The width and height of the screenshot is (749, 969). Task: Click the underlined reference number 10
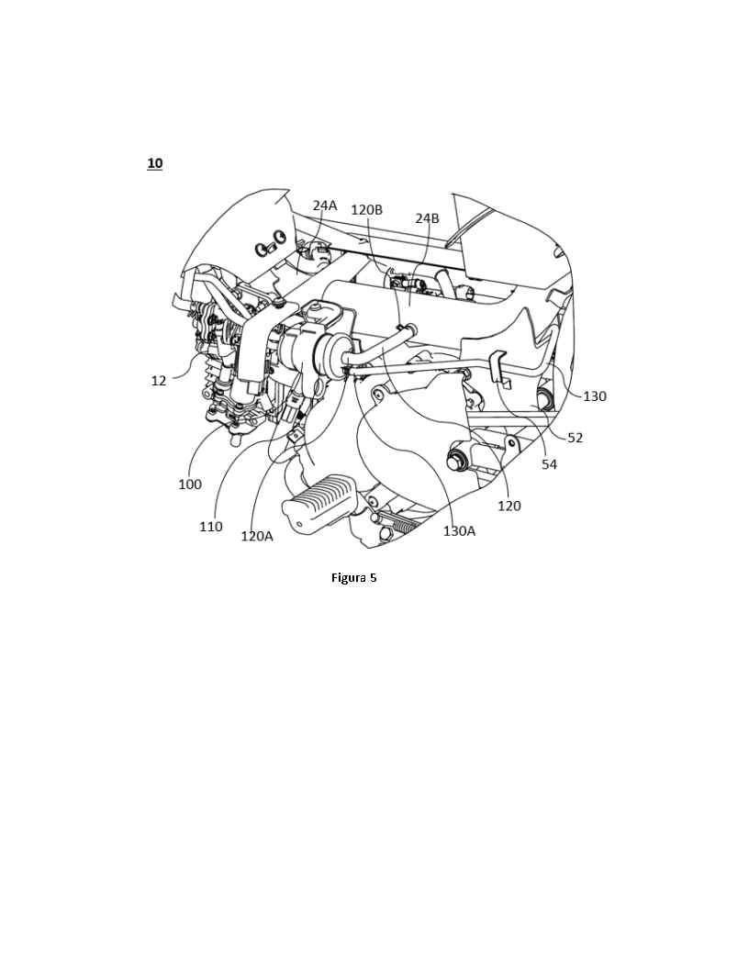(x=154, y=163)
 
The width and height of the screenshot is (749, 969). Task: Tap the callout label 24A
(x=324, y=206)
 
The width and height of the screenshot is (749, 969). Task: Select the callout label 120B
(x=366, y=209)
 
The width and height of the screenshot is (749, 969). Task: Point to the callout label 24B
(x=427, y=218)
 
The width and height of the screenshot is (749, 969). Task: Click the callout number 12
(x=159, y=381)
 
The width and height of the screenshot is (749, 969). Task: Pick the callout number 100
(x=190, y=484)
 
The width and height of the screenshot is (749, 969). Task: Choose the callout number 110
(x=211, y=527)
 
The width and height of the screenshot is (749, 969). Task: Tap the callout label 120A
(x=256, y=537)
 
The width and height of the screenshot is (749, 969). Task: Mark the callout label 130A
(x=459, y=531)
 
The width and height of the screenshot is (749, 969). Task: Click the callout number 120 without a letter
(x=509, y=507)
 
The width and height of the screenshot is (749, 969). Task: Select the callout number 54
(x=549, y=464)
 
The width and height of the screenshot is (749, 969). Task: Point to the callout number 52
(x=575, y=438)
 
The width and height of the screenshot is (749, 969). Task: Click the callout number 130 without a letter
(x=595, y=396)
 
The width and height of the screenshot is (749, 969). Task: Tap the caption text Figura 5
(x=354, y=578)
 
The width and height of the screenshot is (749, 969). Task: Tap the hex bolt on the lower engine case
(x=457, y=461)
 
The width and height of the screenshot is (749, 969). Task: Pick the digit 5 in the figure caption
(x=374, y=578)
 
